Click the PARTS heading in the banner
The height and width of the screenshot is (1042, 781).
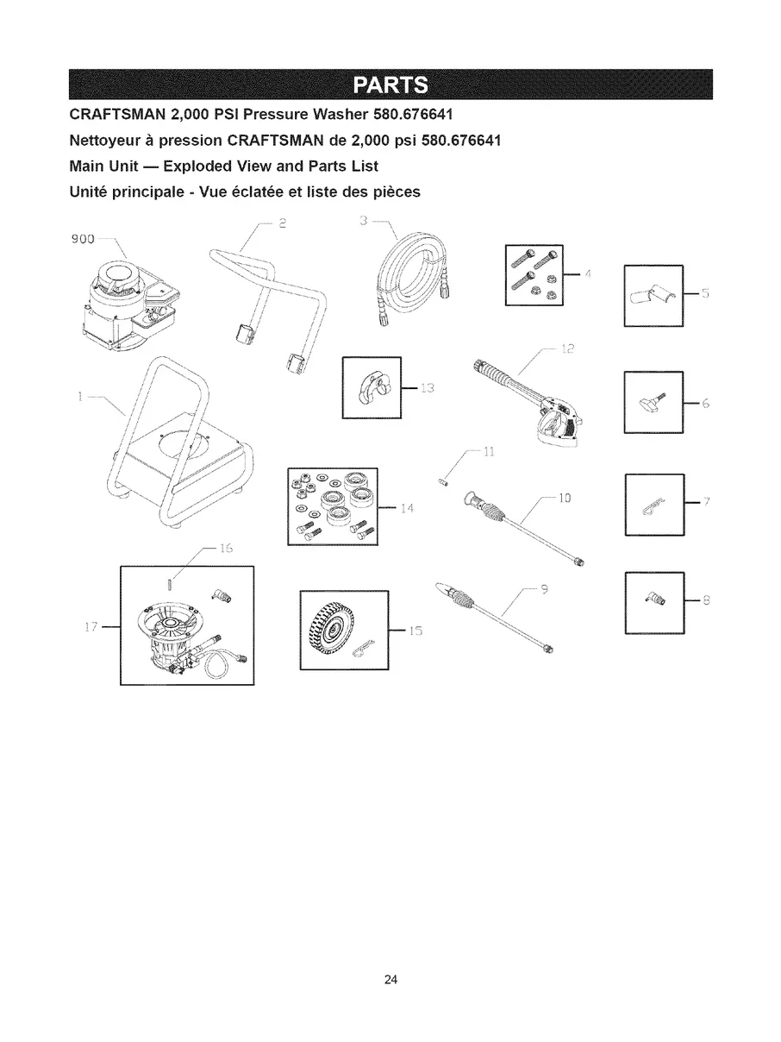(x=390, y=85)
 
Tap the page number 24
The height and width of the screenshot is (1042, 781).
(x=390, y=980)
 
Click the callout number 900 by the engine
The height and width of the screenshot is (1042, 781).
(x=82, y=240)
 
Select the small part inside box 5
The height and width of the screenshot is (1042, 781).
(x=652, y=295)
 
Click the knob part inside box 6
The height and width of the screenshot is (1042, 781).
(x=652, y=400)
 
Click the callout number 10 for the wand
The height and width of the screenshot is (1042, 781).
(x=565, y=498)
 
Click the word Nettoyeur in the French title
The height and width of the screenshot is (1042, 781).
(x=106, y=141)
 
